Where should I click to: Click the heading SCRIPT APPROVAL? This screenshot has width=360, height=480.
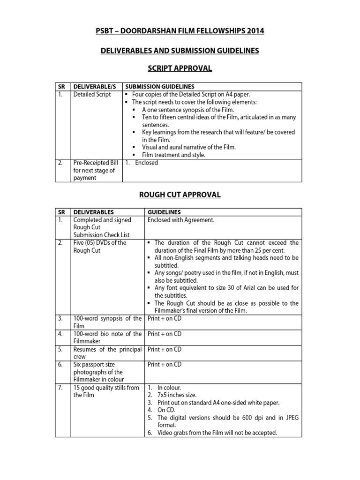pyautogui.click(x=180, y=69)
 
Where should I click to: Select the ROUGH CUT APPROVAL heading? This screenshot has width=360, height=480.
pyautogui.click(x=180, y=195)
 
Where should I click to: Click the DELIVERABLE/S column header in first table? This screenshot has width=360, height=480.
pyautogui.click(x=95, y=87)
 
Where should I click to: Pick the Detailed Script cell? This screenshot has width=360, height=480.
pyautogui.click(x=92, y=95)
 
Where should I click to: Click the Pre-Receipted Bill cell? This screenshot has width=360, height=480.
pyautogui.click(x=94, y=170)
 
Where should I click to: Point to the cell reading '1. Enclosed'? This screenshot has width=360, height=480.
pyautogui.click(x=142, y=163)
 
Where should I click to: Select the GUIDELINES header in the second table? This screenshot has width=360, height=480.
pyautogui.click(x=164, y=212)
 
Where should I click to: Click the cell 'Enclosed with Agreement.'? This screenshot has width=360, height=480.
pyautogui.click(x=181, y=220)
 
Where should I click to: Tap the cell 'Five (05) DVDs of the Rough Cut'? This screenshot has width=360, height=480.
pyautogui.click(x=99, y=247)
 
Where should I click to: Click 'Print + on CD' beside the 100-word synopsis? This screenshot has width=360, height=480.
pyautogui.click(x=164, y=319)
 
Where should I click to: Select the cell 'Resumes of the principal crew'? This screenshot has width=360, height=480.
pyautogui.click(x=107, y=353)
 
